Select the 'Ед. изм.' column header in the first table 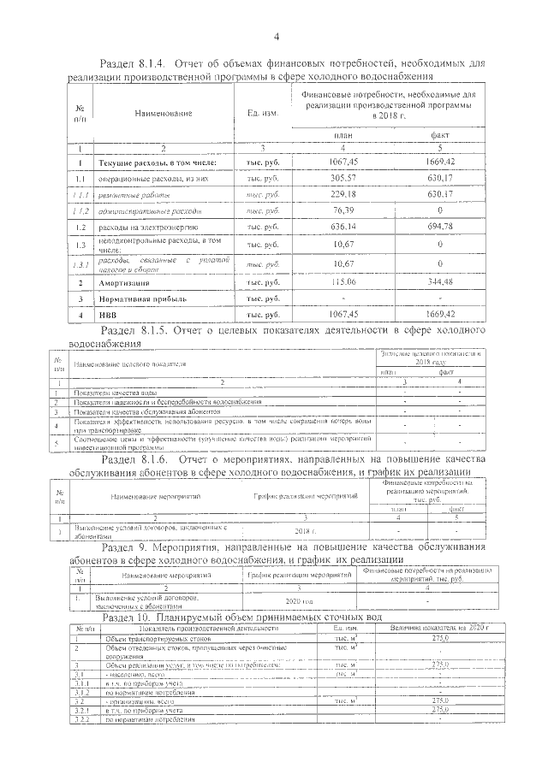pyautogui.click(x=261, y=113)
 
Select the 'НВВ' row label pyautogui.click(x=109, y=315)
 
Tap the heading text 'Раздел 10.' pyautogui.click(x=128, y=617)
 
